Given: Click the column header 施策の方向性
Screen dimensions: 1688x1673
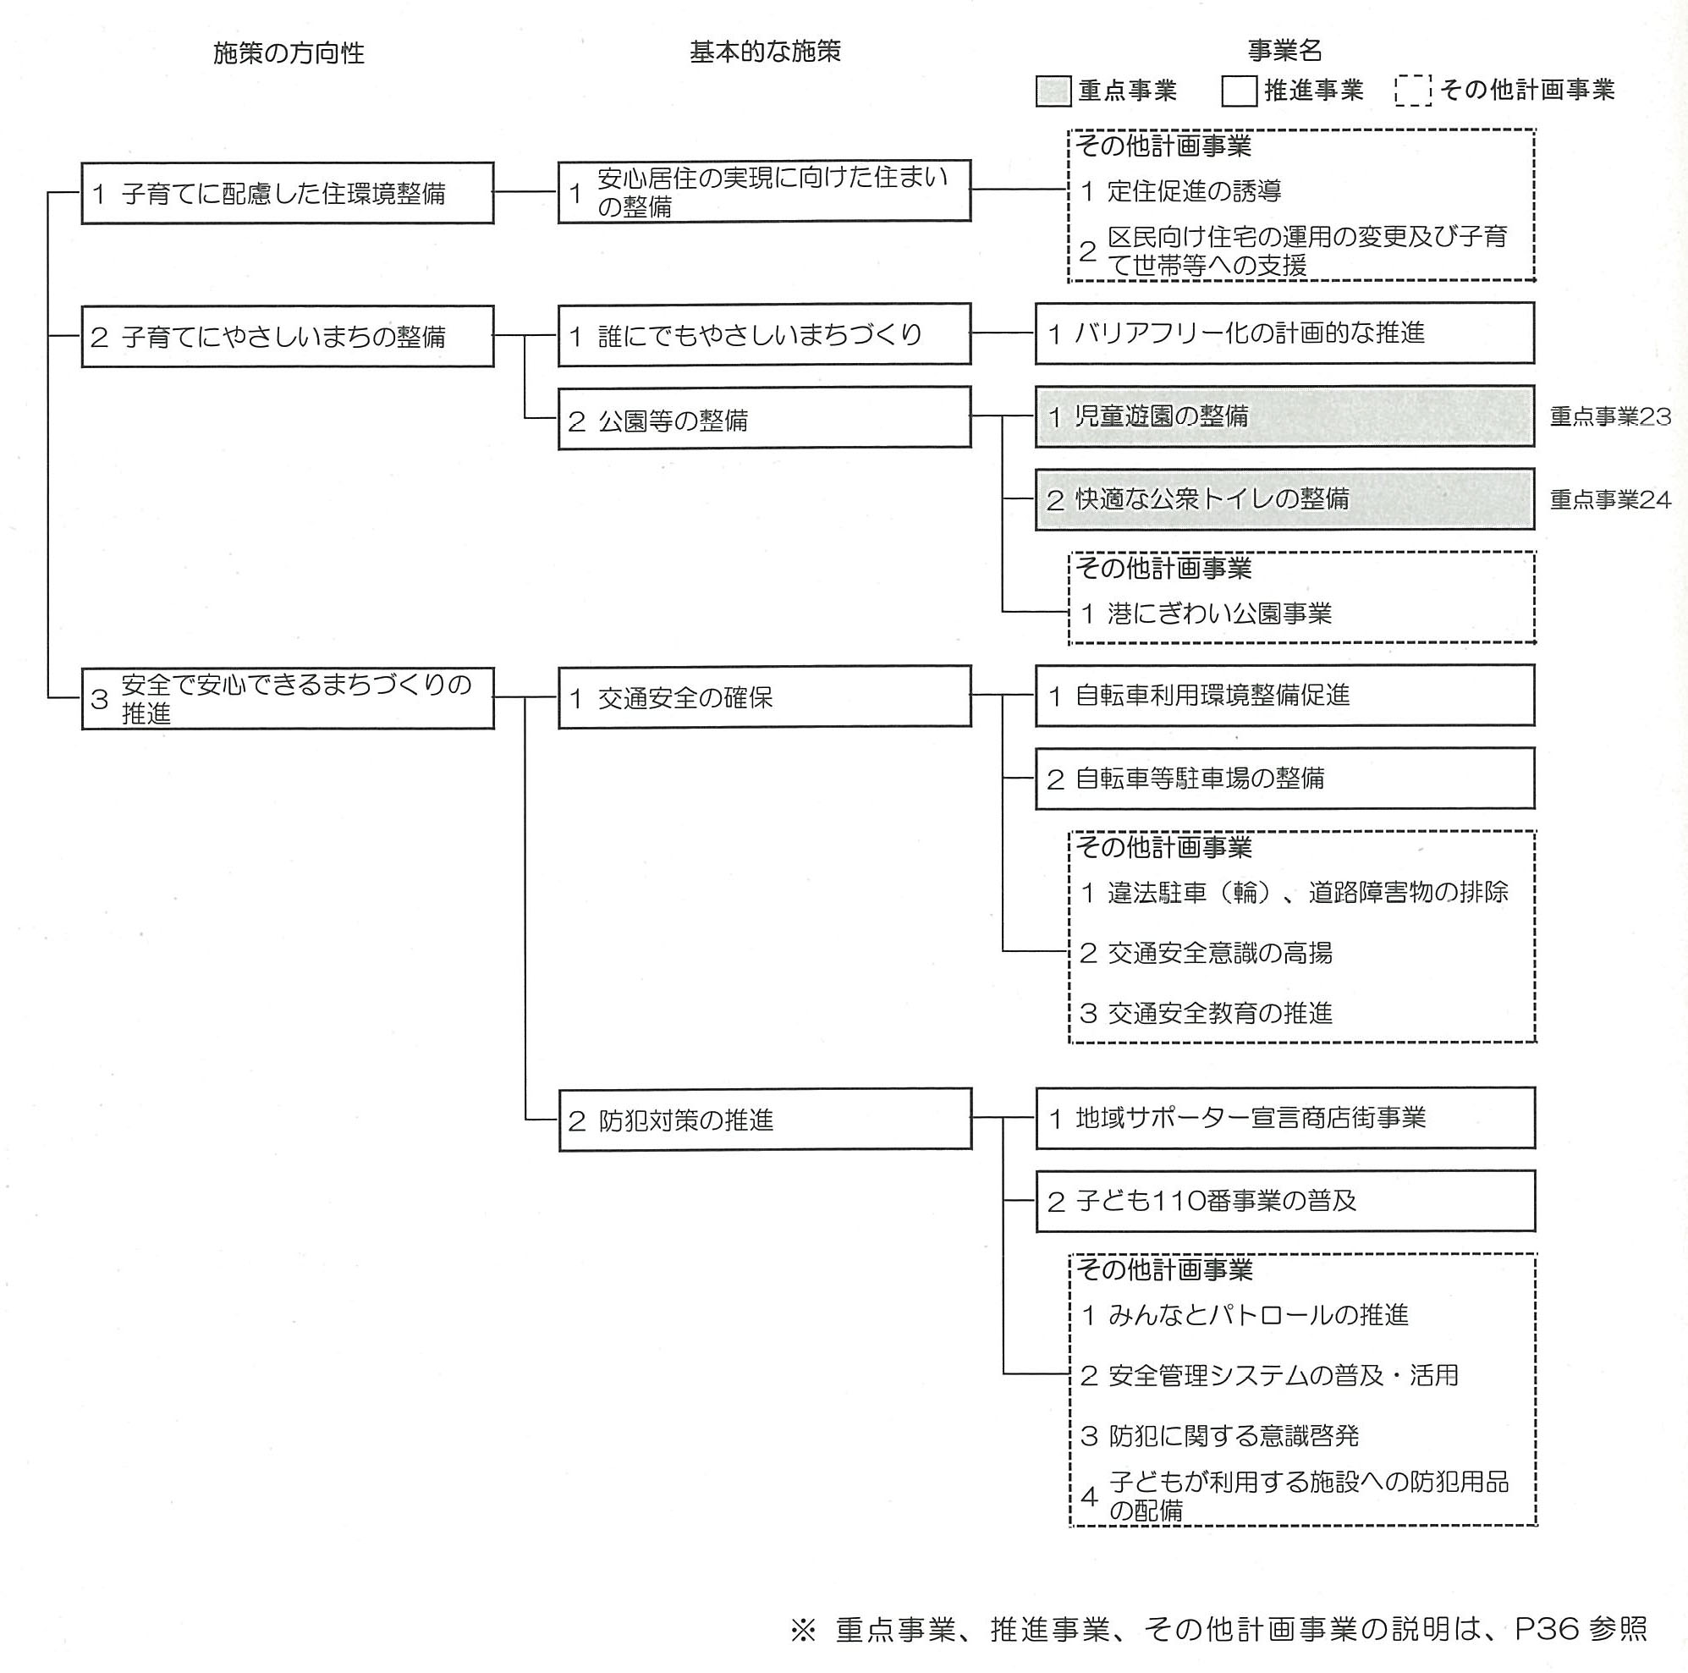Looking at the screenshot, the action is coord(289,53).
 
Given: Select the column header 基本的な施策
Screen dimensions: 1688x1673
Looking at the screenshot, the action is coord(766,52).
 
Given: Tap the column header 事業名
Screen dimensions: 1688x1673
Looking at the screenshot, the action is coord(1284,51).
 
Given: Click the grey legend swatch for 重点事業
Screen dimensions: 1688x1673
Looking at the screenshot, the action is coord(1053,91).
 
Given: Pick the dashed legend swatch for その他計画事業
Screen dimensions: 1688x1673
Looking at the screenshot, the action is coord(1413,90).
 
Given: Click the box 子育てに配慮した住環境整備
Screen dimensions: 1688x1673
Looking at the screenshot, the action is coord(288,193).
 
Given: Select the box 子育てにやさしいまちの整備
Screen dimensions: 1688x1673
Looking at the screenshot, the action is coord(288,336).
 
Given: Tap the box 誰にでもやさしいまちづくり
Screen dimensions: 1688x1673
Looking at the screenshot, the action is coord(765,333).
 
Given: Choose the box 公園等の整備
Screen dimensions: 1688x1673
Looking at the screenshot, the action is coord(765,419).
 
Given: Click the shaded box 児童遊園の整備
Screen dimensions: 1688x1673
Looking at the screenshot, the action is coord(1285,415).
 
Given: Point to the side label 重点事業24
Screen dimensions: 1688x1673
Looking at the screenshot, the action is coord(1610,500).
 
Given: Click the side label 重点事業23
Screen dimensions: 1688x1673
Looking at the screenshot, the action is coord(1610,416).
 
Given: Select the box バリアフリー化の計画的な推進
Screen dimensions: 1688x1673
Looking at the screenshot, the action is coord(1285,333).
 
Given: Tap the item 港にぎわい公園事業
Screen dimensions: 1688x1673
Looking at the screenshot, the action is coord(1207,614).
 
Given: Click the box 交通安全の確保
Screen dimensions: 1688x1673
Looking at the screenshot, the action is coord(765,696).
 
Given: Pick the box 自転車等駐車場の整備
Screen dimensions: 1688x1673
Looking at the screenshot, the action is coord(1285,779).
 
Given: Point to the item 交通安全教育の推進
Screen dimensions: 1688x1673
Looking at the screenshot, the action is coord(1207,1014).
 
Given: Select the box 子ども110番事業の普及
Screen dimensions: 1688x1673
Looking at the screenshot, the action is coord(1286,1202).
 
